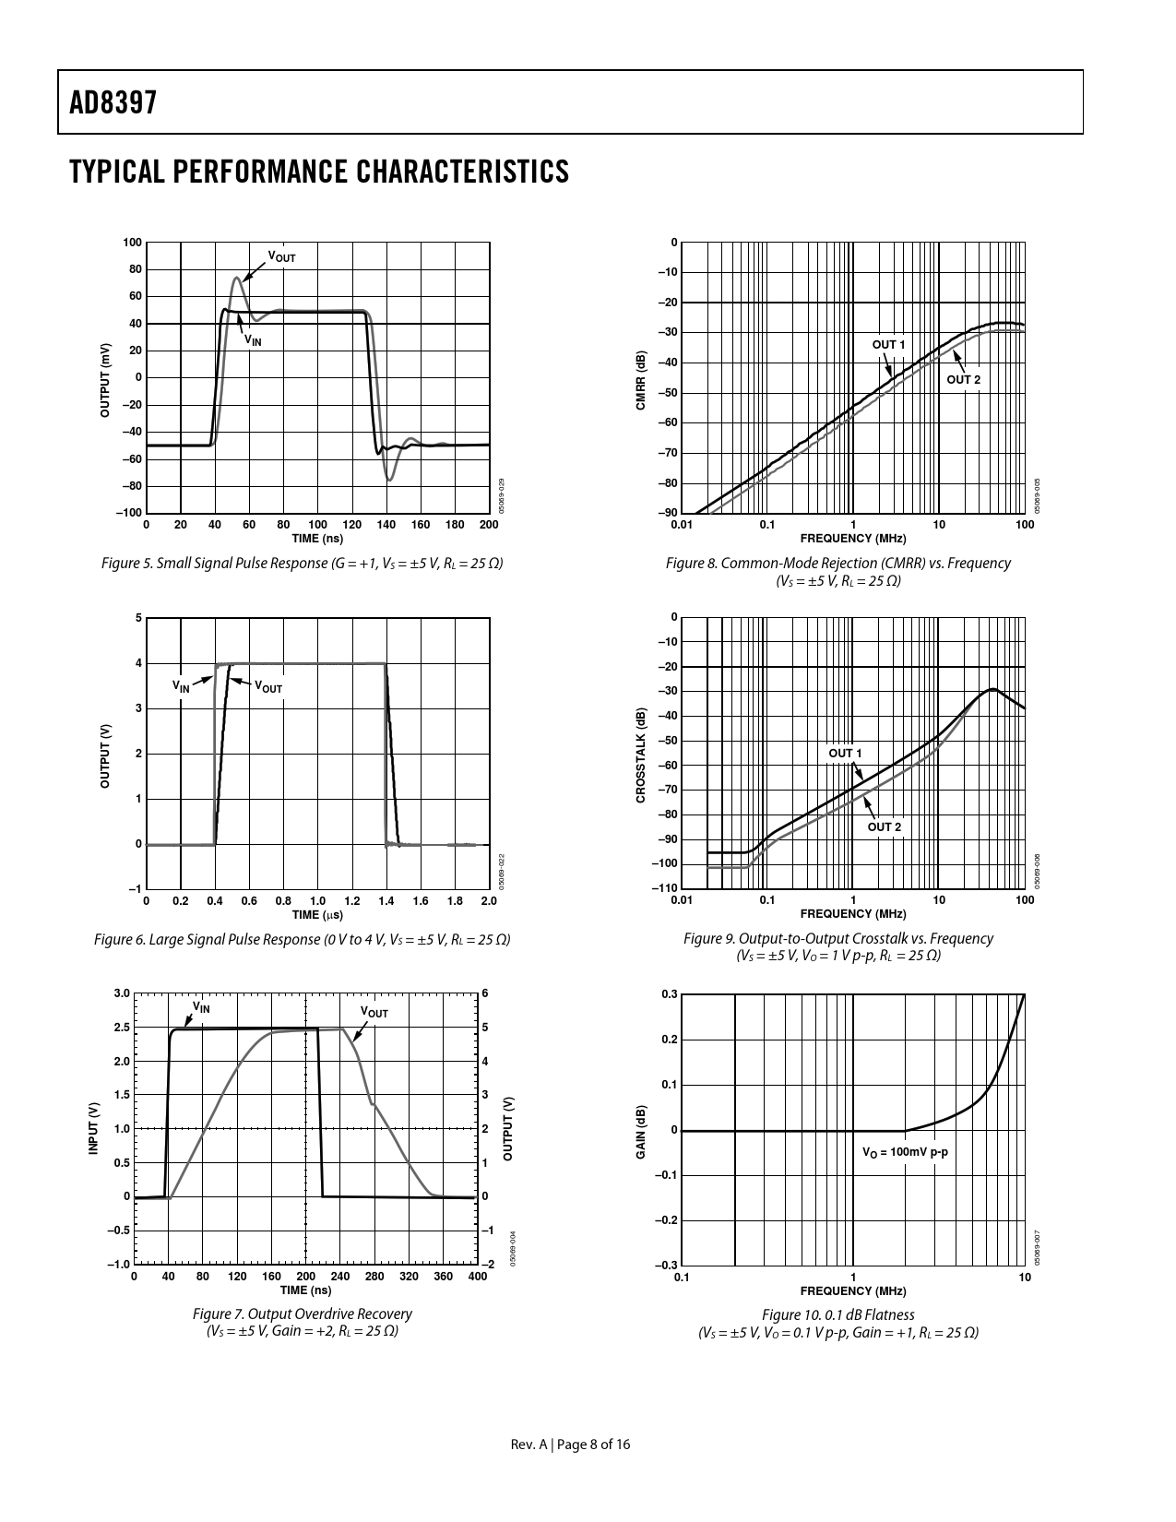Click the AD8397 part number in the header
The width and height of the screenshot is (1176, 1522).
point(113,102)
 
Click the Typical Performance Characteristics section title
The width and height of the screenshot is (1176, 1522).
point(318,172)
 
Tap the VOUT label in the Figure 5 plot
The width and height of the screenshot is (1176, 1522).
point(281,256)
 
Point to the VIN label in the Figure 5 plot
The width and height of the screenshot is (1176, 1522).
point(253,340)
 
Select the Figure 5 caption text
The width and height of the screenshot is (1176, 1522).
point(302,563)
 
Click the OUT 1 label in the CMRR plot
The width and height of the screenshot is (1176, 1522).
point(888,345)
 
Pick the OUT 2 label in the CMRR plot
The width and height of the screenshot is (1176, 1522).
point(963,379)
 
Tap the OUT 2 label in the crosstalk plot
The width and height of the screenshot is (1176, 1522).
point(884,826)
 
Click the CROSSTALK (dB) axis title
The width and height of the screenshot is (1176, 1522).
point(641,754)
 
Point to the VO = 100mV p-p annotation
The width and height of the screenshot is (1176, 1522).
point(905,1152)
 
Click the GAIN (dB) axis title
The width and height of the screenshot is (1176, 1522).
point(641,1130)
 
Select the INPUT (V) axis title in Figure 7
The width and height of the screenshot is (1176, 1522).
point(92,1129)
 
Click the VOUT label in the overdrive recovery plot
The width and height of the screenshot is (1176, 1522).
point(374,1013)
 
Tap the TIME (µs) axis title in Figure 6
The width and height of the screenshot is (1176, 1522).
point(317,915)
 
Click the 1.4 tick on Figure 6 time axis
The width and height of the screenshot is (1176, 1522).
point(386,900)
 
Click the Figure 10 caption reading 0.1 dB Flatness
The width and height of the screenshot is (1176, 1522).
point(838,1314)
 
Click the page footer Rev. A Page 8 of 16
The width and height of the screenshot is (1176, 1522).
point(571,1445)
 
